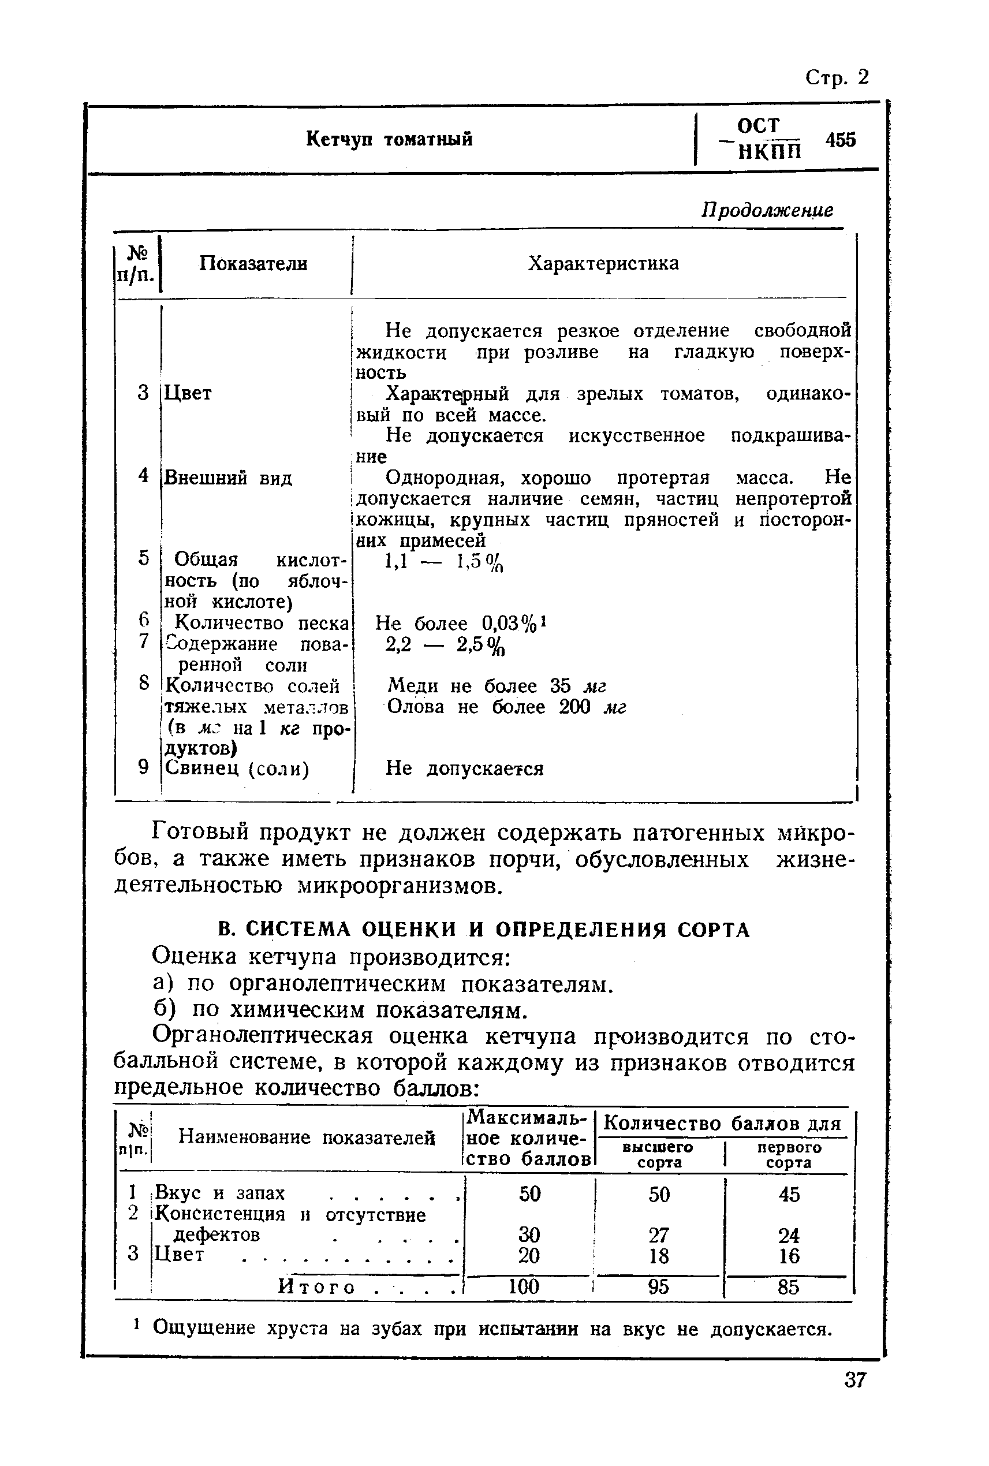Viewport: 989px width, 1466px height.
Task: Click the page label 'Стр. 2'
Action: coord(837,77)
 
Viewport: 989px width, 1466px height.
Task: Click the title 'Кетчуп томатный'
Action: coord(389,139)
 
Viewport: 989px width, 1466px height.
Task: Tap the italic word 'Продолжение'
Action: coord(767,210)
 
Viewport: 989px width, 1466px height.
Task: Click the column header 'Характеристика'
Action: coord(603,263)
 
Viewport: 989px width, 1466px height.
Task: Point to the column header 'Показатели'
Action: coord(253,263)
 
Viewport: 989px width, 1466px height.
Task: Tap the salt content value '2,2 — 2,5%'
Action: coord(445,645)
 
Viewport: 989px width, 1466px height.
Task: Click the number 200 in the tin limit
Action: coord(574,707)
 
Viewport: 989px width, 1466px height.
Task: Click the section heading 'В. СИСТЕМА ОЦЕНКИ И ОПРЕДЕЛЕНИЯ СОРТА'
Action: coord(483,930)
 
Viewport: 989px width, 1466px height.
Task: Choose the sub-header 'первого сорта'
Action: coord(789,1154)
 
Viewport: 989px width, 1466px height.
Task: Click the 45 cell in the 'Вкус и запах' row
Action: coord(789,1194)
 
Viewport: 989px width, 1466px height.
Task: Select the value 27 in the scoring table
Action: coord(659,1234)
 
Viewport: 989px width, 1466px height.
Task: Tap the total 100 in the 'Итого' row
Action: coord(524,1286)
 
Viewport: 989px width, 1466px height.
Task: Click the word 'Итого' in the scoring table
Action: coord(316,1287)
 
